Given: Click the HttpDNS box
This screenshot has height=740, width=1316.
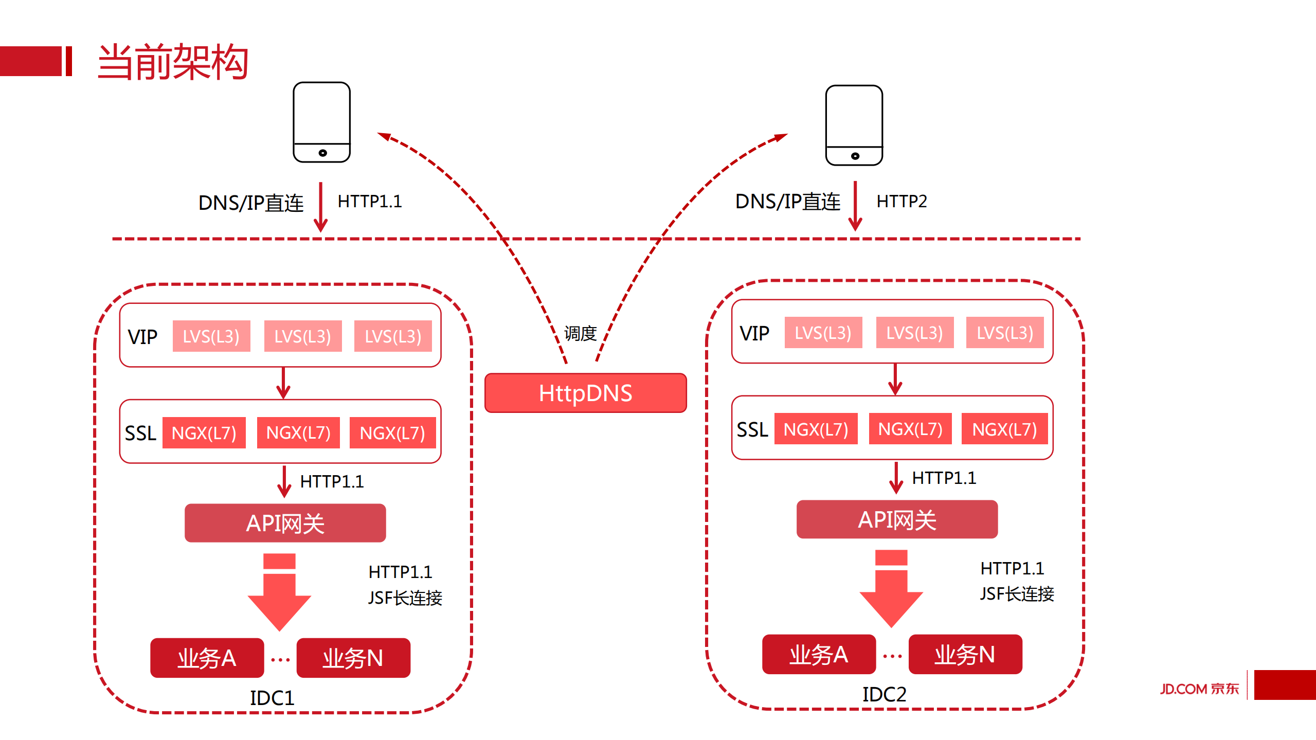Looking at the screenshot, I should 585,393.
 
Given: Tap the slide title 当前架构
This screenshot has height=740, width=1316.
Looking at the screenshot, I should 173,62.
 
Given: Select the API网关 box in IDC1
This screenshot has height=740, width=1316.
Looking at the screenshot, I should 285,523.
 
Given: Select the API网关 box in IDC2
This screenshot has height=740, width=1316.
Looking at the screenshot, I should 897,519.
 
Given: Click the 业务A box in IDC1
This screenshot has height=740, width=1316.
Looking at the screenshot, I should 207,658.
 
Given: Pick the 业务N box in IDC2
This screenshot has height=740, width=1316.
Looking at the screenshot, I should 965,654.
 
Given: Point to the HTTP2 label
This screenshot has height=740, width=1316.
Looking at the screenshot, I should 902,201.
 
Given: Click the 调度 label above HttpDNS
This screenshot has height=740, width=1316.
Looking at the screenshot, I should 580,333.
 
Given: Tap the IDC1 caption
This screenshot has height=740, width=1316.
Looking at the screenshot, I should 272,698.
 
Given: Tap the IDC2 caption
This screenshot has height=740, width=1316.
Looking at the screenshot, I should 884,694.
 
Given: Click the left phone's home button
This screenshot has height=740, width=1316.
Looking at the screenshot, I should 322,153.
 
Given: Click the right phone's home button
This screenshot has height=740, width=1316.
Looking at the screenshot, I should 855,156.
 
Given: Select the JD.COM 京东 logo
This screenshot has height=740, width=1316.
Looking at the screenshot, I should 1199,688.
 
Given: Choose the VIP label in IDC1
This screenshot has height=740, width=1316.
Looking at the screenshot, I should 142,337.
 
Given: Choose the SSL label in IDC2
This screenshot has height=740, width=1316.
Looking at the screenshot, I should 752,429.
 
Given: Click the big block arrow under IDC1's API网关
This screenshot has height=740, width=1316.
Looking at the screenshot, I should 279,597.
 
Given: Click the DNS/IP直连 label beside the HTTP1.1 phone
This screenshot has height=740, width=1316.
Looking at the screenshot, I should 251,203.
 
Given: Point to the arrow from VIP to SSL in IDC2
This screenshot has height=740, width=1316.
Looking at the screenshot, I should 895,380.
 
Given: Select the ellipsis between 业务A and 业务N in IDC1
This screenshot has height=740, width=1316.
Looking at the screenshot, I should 280,659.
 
